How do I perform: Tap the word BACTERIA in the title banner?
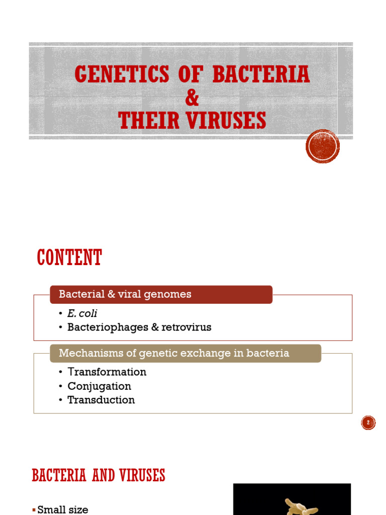(x=261, y=75)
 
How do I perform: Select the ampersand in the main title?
(x=192, y=98)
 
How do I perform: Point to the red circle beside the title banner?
(x=323, y=146)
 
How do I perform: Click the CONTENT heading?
(x=69, y=258)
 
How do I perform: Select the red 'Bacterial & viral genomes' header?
(x=161, y=294)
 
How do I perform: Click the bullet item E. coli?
(x=82, y=313)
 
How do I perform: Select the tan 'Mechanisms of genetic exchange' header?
(x=185, y=353)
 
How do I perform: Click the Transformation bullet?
(x=107, y=372)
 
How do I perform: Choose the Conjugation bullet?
(x=100, y=386)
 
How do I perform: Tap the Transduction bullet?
(x=101, y=400)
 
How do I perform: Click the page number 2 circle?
(x=368, y=423)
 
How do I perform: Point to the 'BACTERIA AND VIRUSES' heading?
(x=99, y=475)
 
